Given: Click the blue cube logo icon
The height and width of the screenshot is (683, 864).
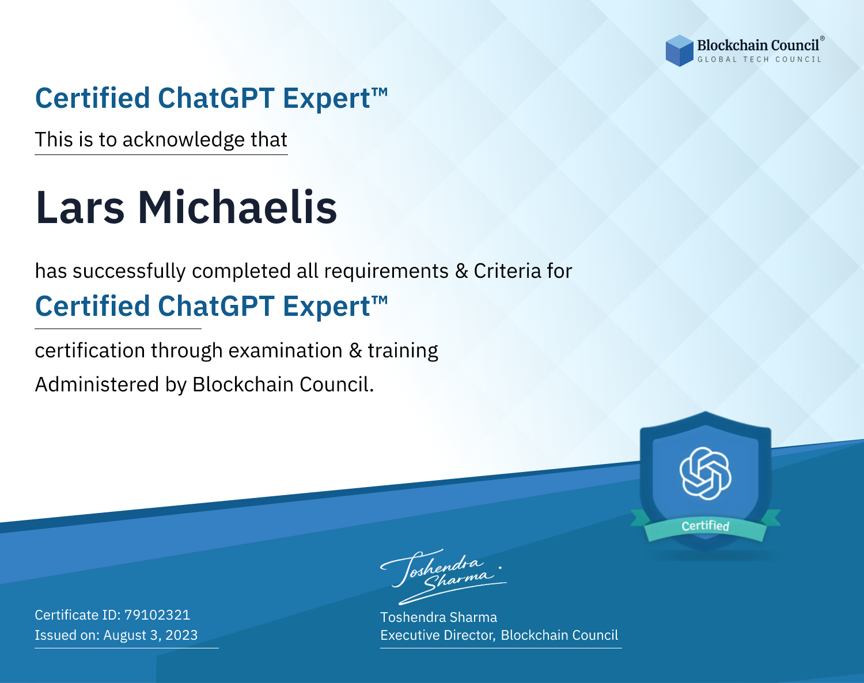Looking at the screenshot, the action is click(679, 51).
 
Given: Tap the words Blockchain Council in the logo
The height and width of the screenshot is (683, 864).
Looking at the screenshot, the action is click(758, 46).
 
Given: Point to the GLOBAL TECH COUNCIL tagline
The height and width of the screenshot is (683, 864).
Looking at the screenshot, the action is click(760, 59).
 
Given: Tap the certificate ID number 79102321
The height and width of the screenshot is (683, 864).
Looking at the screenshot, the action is click(157, 614).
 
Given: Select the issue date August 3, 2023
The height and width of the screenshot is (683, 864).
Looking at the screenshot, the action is click(150, 635).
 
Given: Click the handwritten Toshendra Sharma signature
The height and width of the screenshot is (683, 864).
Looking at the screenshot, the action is click(443, 576).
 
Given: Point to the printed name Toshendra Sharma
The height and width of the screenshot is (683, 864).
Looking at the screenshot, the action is click(438, 617).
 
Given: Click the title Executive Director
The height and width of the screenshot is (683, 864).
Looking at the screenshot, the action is click(437, 635).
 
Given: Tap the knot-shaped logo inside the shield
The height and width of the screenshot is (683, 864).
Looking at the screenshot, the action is click(706, 473).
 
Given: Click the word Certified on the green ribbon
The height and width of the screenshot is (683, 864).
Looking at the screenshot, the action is click(706, 526).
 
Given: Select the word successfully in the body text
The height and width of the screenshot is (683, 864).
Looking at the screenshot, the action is click(129, 271).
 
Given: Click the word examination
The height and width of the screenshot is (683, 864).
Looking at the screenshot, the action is click(286, 350).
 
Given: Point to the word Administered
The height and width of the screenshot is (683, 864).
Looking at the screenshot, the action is click(97, 384).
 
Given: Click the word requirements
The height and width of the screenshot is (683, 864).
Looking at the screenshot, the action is click(386, 271).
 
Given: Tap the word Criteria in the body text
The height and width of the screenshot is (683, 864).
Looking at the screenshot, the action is click(507, 271).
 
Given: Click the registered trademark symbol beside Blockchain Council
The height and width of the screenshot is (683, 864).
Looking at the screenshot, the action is click(822, 38).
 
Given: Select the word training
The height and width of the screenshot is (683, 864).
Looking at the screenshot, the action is click(403, 351).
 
